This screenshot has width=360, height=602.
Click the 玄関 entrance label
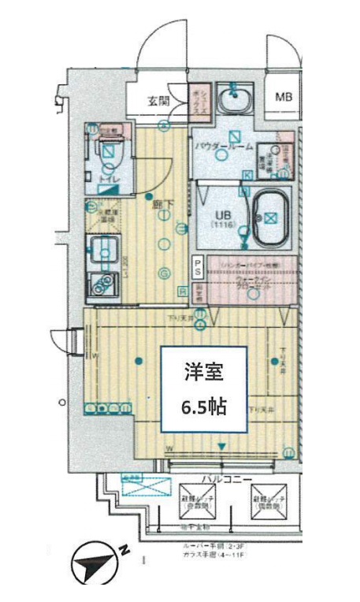click(158, 101)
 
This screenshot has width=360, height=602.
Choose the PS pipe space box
click(198, 267)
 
